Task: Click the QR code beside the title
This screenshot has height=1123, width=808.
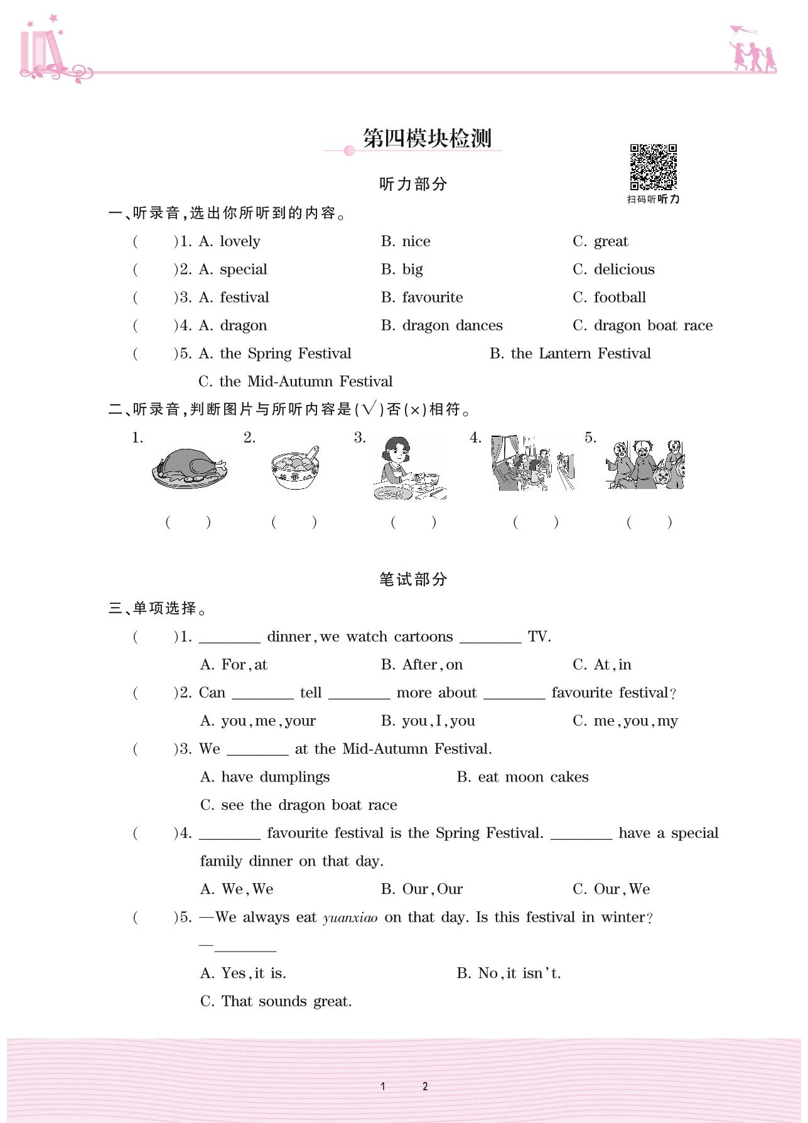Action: (x=654, y=167)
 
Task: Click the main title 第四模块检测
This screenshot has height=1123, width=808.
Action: (x=427, y=138)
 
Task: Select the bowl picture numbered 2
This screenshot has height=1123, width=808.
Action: (x=295, y=468)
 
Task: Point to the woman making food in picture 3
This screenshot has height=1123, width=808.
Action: (x=408, y=468)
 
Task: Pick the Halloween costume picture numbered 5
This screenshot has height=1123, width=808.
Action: (x=645, y=465)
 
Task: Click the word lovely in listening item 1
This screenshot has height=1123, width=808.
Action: (x=240, y=242)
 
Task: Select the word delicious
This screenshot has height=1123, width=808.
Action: (x=624, y=269)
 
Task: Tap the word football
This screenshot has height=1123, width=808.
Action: (x=620, y=298)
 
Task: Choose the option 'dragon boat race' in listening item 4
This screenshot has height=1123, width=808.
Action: (x=653, y=325)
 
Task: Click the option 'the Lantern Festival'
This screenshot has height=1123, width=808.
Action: (x=581, y=353)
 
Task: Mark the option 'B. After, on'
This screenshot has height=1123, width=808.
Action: (x=422, y=665)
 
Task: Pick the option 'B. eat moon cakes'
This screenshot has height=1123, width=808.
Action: (x=522, y=777)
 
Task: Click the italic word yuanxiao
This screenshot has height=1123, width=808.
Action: (x=350, y=918)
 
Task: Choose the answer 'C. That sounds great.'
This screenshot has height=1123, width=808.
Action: (x=276, y=1001)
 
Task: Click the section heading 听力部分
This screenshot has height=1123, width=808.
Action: (x=413, y=184)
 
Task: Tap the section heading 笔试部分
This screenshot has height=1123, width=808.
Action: (x=413, y=579)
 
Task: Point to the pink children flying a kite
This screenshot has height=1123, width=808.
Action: (x=752, y=49)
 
